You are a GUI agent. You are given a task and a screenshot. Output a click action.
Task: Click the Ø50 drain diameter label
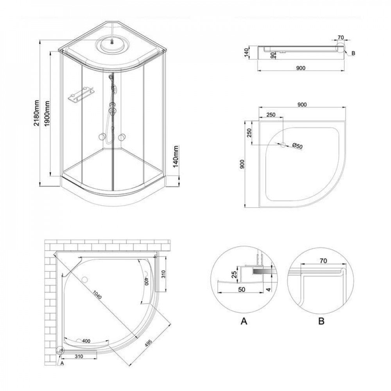(x=298, y=146)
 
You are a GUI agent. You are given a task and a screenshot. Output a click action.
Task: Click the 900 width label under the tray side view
(x=300, y=68)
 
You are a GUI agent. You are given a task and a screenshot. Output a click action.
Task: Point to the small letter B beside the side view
(x=353, y=54)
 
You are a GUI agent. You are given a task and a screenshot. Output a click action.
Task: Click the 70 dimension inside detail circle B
(x=323, y=260)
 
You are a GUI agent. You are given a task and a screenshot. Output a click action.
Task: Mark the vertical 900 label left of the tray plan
(x=242, y=165)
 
